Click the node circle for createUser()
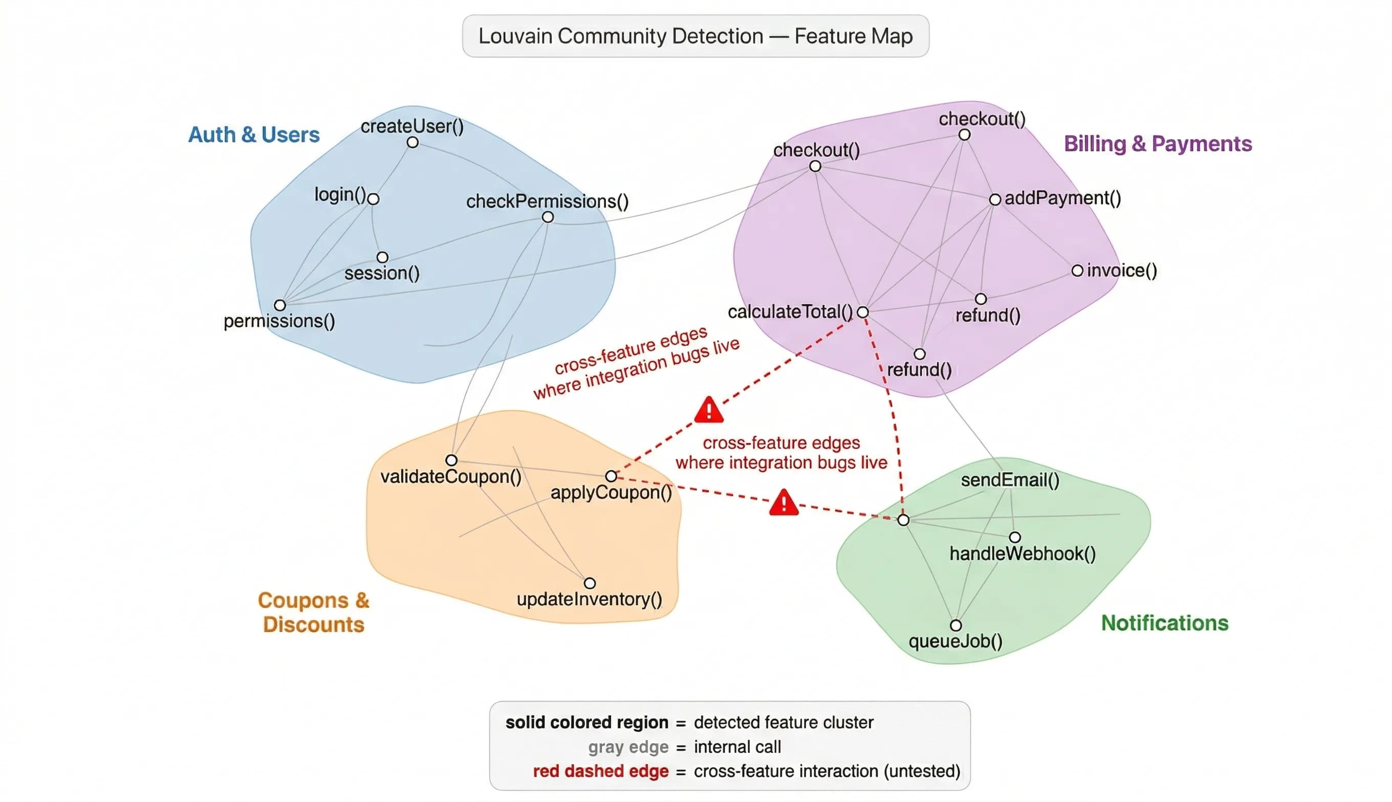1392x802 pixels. tap(412, 143)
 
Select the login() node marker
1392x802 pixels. tap(373, 199)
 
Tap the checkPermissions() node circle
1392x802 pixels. tap(547, 217)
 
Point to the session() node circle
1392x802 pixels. tap(382, 257)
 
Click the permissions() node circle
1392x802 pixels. tap(280, 305)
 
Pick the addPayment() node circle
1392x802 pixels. tap(995, 199)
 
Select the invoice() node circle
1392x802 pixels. tap(1077, 271)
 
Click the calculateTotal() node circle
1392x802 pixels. tap(863, 313)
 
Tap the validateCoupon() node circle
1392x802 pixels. tap(451, 460)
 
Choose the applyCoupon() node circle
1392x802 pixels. tap(611, 476)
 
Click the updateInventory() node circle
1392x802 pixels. tap(590, 583)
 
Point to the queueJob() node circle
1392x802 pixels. tap(956, 625)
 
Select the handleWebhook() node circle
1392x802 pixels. tap(1014, 537)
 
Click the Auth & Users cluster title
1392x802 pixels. tap(253, 135)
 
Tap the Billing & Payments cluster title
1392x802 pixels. tap(1157, 144)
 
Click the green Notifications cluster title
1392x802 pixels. tap(1164, 623)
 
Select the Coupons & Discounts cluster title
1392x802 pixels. tap(314, 612)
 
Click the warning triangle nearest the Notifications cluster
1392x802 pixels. tap(784, 503)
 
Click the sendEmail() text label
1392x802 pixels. tap(1010, 480)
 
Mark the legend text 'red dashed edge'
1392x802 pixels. tap(600, 771)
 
